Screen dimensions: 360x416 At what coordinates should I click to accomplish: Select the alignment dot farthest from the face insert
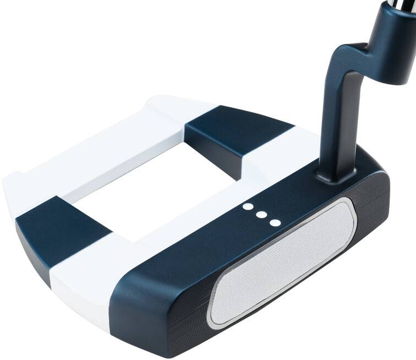248,207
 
